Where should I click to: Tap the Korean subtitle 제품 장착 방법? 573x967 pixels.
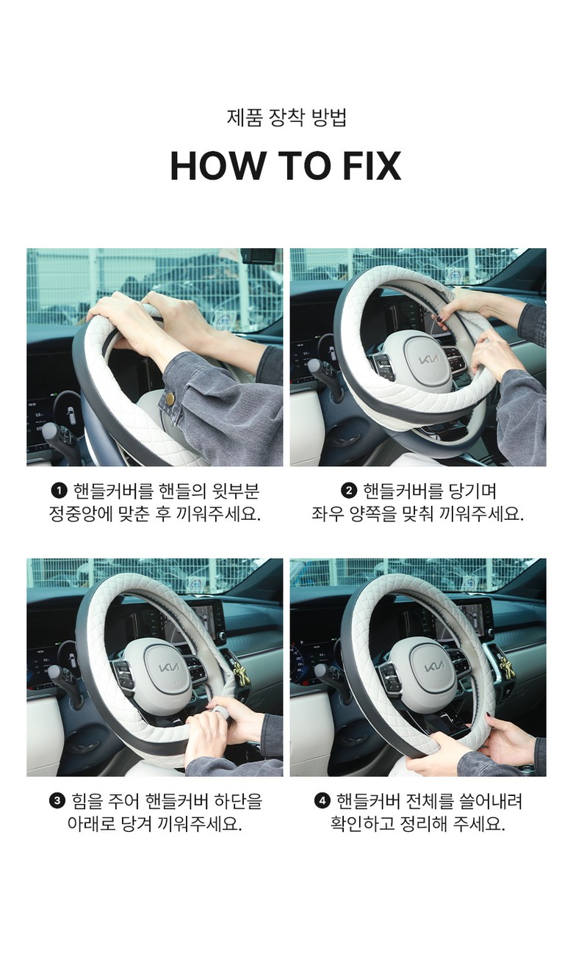tap(286, 117)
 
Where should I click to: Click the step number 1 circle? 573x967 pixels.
tap(60, 490)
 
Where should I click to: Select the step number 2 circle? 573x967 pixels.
tap(349, 490)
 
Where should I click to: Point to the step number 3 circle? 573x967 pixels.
tap(57, 802)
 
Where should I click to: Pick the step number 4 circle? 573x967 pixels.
tap(322, 802)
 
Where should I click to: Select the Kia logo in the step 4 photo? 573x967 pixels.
tap(434, 667)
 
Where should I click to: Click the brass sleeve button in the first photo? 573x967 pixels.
tap(171, 399)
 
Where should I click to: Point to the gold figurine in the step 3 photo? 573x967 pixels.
tap(240, 674)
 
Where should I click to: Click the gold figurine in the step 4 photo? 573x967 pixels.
tap(505, 667)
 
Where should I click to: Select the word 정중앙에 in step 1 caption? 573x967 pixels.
tap(78, 514)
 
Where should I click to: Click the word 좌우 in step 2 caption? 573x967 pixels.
tap(327, 514)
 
